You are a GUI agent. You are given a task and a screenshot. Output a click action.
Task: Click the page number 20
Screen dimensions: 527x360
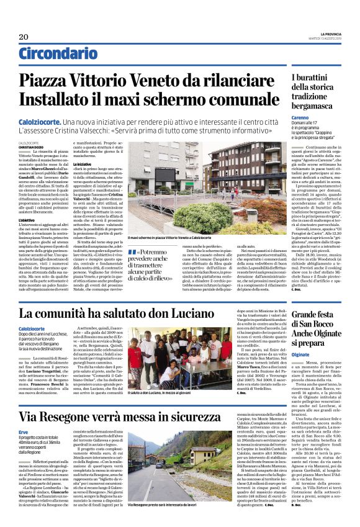point(25,37)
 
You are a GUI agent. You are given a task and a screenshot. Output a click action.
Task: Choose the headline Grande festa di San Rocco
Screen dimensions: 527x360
point(310,329)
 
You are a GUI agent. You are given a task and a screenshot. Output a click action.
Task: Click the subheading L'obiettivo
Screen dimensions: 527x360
point(29,220)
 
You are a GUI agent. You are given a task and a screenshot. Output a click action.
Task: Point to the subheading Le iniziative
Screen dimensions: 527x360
point(85,164)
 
